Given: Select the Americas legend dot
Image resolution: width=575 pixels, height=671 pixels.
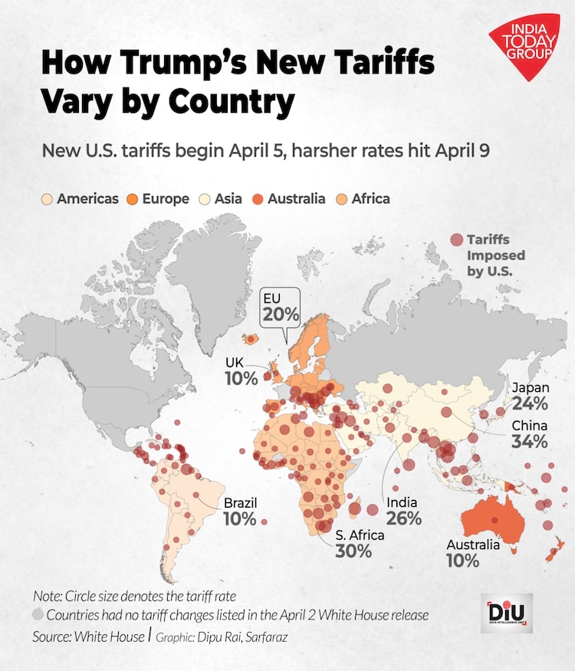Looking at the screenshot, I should pos(48,199).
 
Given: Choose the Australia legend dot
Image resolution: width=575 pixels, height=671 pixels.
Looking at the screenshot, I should pos(258,199).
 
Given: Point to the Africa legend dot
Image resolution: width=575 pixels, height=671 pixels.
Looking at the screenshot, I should pos(341,199).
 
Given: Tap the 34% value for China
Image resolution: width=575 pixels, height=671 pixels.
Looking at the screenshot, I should pos(531,442).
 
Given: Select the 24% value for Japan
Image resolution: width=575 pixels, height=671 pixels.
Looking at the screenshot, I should pos(531,403).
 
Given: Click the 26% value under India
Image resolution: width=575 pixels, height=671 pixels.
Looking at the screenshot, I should pos(404,518).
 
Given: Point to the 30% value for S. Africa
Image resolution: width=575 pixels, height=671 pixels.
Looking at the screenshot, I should pos(353,551).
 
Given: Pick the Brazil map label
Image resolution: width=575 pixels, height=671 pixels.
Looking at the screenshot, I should pos(240,503).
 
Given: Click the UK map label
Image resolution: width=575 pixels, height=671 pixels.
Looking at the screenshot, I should pos(235,362).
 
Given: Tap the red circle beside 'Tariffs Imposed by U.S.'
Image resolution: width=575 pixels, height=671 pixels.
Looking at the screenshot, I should pos(457,240).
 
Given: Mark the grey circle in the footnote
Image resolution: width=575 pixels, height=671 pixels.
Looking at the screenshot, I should pos(38,615).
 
